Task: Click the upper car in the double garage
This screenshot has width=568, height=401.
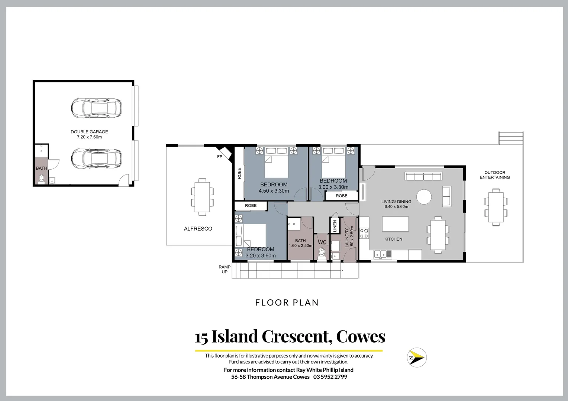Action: point(96,108)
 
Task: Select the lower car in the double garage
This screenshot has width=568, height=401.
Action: point(96,158)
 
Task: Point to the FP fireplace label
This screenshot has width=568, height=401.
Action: point(220,157)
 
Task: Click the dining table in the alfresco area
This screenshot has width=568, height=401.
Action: point(202,197)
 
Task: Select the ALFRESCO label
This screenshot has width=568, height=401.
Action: point(198,229)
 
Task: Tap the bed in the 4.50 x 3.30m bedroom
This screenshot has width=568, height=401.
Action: point(276,167)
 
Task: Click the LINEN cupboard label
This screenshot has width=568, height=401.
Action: point(335,226)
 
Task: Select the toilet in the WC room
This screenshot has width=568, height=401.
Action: point(322,254)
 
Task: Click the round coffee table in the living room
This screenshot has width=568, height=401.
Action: point(424,197)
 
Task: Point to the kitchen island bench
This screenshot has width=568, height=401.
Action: point(395,224)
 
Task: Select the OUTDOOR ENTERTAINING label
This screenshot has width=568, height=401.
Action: point(495,175)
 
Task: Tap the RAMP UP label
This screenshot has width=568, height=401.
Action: point(225,269)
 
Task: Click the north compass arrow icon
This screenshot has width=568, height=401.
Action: point(417,358)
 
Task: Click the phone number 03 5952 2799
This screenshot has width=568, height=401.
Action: point(330,377)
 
